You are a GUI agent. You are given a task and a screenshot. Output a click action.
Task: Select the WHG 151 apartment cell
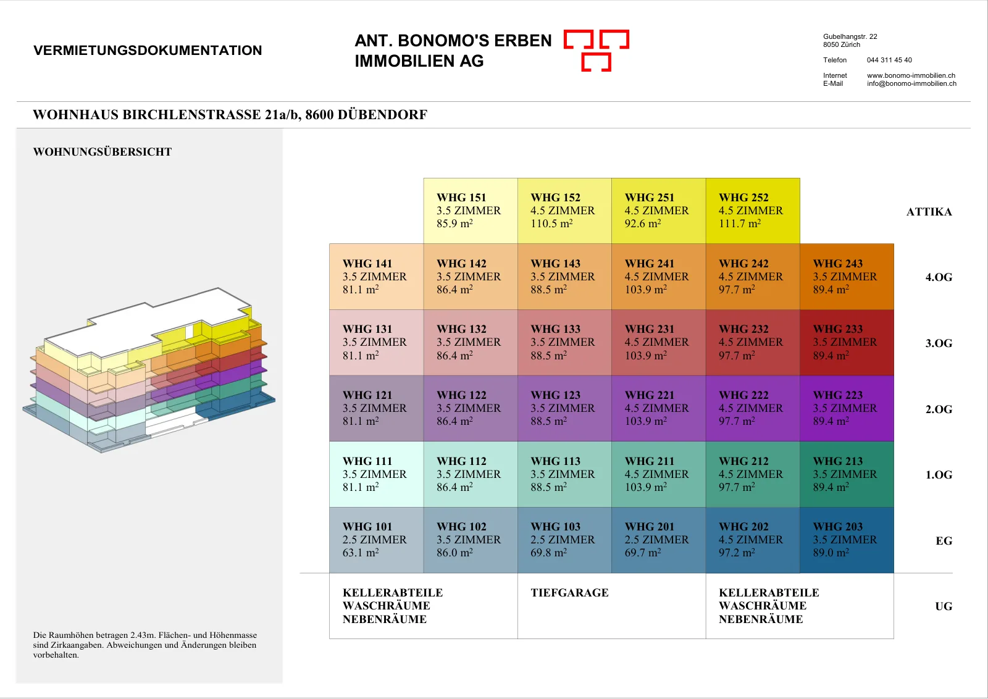(x=471, y=211)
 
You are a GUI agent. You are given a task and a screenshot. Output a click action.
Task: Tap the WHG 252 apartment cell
(x=753, y=211)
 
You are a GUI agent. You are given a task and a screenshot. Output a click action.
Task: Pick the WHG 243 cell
(x=847, y=277)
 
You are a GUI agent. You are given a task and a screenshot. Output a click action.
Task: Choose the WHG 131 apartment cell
(x=377, y=342)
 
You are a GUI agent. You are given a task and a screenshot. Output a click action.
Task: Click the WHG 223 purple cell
(x=847, y=408)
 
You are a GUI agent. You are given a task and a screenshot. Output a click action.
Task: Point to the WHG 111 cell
(x=377, y=474)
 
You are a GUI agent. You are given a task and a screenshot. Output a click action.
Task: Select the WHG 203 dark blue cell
(x=847, y=540)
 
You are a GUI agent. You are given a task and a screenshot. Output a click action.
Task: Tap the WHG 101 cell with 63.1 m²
(x=377, y=540)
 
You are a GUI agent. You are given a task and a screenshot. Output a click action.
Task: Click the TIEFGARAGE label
(x=569, y=593)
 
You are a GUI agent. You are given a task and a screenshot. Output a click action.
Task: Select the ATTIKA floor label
(x=929, y=212)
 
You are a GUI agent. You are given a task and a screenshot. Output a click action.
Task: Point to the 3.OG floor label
(x=939, y=343)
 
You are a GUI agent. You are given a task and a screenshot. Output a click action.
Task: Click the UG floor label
(x=944, y=606)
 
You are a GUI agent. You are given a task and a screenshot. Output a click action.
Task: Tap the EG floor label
(x=944, y=541)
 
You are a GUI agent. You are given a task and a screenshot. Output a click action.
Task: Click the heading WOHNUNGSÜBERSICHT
(x=103, y=152)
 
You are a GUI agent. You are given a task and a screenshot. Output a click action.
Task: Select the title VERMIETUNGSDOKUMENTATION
(x=148, y=50)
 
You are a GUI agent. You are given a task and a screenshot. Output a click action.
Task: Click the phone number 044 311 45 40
(x=889, y=60)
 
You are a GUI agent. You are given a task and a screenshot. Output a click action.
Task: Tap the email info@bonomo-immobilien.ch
(x=911, y=83)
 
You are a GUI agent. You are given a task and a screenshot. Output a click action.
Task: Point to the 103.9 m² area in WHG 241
(x=646, y=290)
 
